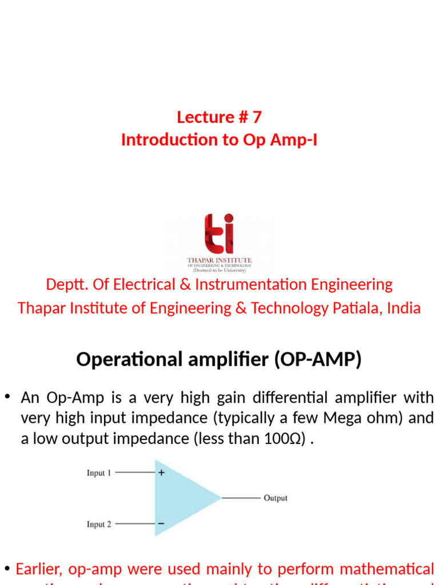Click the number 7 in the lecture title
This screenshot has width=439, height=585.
click(256, 117)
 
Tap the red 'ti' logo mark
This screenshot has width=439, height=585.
click(219, 234)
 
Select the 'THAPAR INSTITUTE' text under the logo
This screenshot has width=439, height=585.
click(219, 261)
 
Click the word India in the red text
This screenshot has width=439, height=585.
click(404, 308)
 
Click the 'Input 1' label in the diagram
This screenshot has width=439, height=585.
click(99, 473)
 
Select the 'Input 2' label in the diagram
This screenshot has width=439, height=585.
click(99, 524)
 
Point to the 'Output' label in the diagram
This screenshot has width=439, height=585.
click(276, 498)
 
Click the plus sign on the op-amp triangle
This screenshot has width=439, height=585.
click(161, 472)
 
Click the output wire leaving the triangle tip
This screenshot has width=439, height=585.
click(240, 498)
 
